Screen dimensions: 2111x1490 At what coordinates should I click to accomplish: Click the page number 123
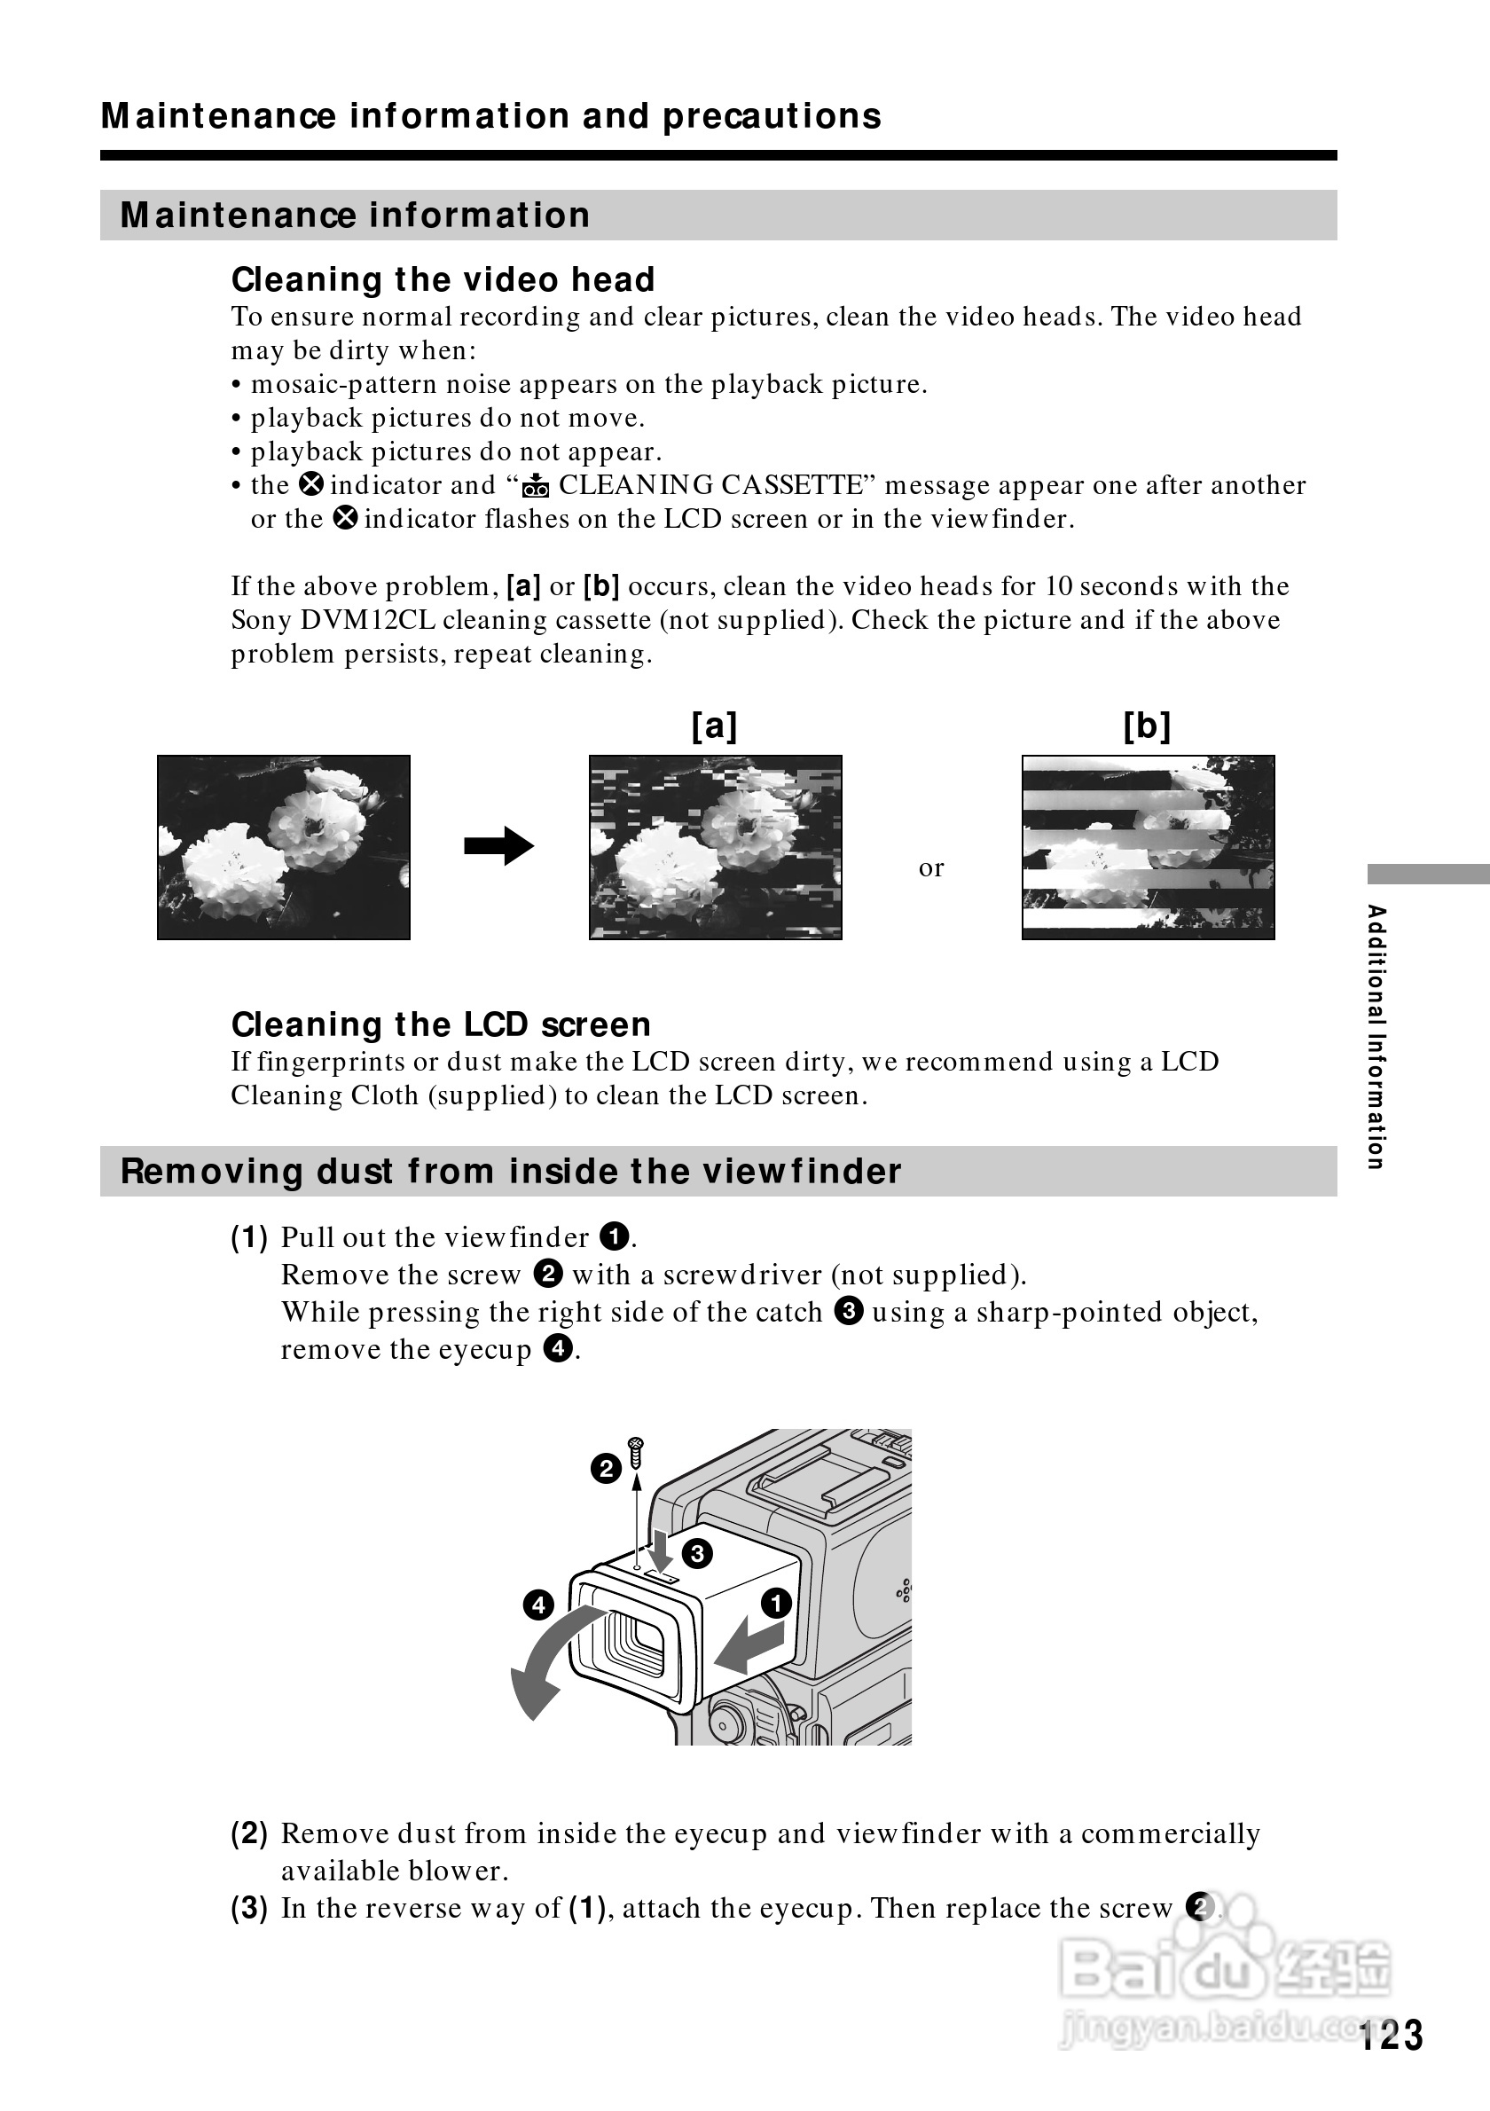[1392, 2036]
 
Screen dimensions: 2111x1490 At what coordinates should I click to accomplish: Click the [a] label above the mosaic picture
[714, 726]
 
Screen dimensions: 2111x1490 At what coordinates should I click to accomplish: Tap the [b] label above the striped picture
[1147, 726]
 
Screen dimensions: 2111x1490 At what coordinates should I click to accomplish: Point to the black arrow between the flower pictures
[498, 846]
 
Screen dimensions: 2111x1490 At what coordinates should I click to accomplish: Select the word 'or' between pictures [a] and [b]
[931, 868]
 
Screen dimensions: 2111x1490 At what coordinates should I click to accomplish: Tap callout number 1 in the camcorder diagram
[777, 1603]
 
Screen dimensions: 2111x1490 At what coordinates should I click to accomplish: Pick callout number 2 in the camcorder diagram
[606, 1468]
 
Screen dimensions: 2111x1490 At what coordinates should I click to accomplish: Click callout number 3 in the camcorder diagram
[698, 1553]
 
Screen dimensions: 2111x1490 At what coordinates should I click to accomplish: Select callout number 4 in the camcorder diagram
[537, 1605]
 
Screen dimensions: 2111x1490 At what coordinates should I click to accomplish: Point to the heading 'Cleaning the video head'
[443, 279]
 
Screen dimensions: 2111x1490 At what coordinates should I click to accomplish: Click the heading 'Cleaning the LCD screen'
[440, 1024]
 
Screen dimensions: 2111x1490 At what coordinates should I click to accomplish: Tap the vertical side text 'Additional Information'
[1376, 1037]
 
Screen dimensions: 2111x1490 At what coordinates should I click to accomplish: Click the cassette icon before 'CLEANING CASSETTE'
[535, 485]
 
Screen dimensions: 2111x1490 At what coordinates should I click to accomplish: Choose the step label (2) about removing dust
[249, 1833]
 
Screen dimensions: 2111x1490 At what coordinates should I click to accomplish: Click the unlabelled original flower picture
[283, 847]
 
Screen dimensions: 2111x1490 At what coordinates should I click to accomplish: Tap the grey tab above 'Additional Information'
[1428, 874]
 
